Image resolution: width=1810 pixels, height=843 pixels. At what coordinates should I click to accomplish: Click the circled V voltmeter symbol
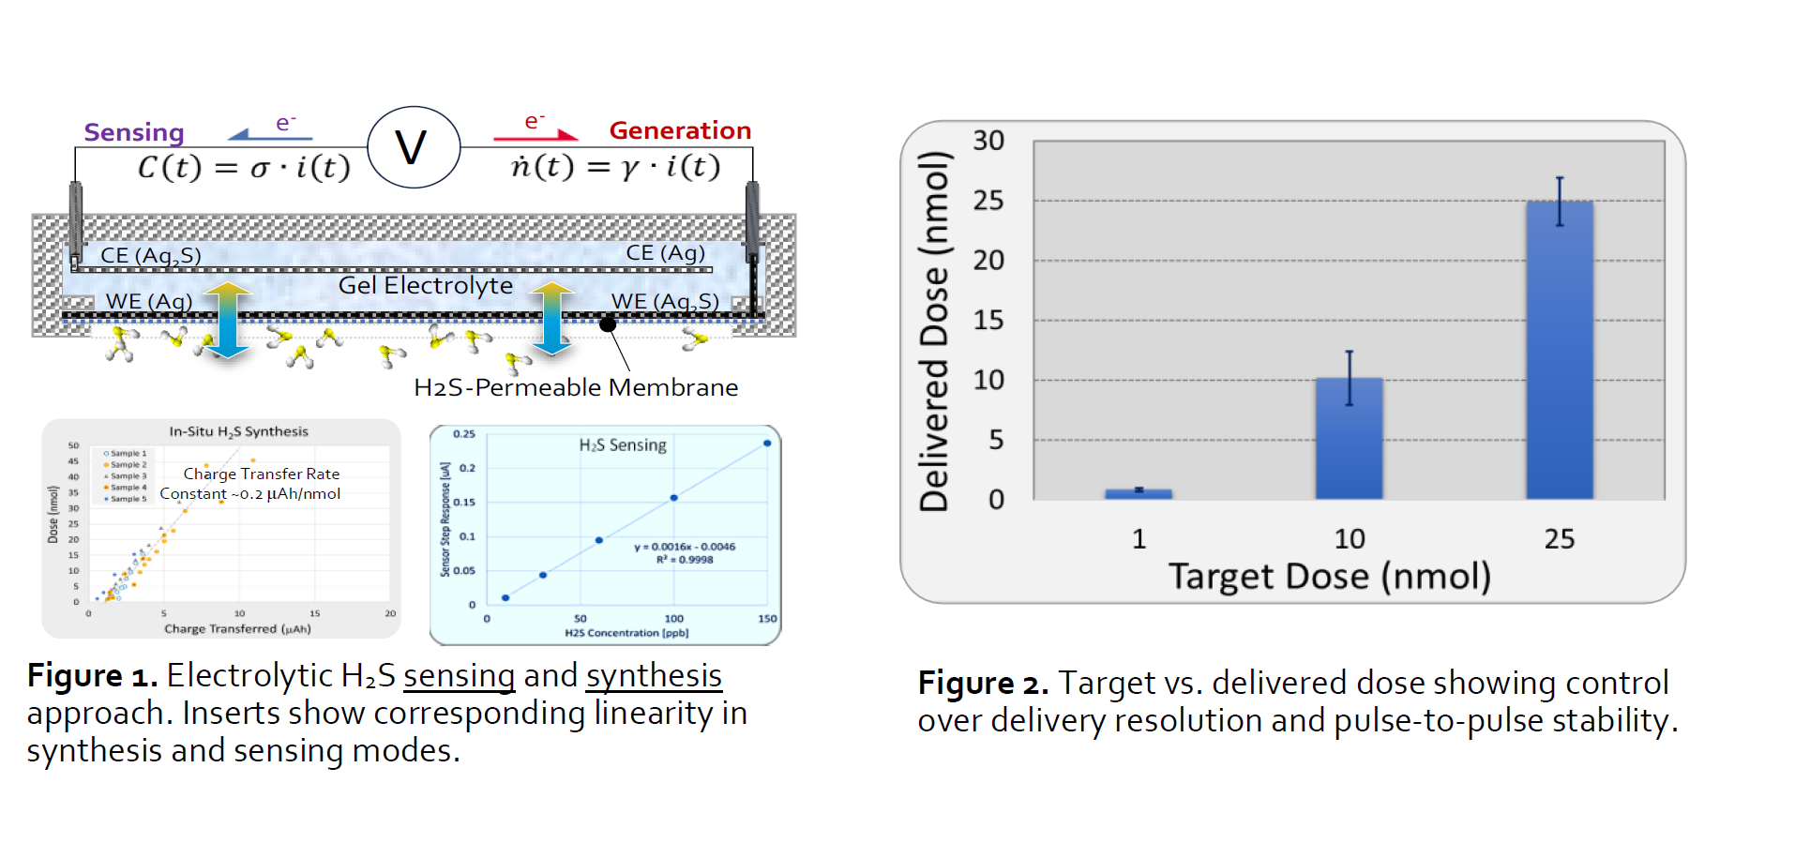tap(413, 147)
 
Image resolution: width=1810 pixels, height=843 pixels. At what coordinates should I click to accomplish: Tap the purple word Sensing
tap(134, 132)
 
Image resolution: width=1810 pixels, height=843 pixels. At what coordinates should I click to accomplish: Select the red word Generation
tap(680, 130)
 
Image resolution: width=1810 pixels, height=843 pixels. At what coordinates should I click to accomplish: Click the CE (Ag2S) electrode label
tap(150, 255)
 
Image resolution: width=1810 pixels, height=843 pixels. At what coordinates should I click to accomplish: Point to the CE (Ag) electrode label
tap(665, 253)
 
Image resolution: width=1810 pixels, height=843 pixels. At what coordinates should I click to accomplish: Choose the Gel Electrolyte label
tap(425, 285)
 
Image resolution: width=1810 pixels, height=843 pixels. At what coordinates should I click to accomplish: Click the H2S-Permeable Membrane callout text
tap(576, 387)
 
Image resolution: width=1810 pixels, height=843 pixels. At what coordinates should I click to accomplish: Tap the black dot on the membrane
tap(608, 324)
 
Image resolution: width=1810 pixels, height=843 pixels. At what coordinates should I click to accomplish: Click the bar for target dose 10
tap(1349, 437)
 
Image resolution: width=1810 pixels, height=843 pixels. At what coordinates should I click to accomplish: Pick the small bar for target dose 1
tap(1138, 493)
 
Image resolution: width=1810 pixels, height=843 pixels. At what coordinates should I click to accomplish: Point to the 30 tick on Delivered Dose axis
tap(988, 141)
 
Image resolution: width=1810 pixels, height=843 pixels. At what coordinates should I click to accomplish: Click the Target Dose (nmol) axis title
tap(1329, 576)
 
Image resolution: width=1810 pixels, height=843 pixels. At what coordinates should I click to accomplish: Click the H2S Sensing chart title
tap(623, 444)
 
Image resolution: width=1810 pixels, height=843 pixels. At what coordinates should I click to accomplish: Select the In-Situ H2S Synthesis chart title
tap(238, 431)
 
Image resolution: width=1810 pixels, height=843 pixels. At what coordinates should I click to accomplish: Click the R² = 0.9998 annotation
tap(685, 560)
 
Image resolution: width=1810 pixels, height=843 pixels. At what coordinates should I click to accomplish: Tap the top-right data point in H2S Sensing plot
tap(767, 443)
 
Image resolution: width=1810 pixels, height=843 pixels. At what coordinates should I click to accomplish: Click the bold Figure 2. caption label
tap(983, 683)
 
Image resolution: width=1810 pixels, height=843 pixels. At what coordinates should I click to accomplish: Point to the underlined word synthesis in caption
tap(654, 675)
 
